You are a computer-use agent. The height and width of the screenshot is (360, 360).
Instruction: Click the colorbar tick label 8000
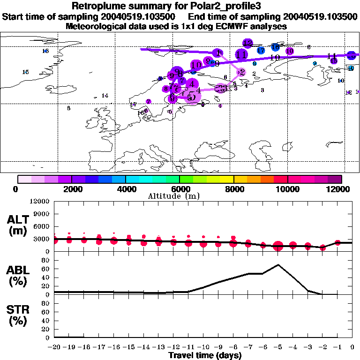coord(233,189)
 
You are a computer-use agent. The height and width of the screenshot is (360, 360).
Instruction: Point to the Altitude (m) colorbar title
coord(179,196)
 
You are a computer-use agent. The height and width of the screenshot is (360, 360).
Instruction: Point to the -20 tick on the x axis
coord(54,347)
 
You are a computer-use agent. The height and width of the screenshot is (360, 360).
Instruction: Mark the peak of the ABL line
coord(278,265)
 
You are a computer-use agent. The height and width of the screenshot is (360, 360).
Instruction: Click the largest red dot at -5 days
coord(278,246)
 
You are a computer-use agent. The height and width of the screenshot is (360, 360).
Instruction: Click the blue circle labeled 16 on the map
coord(275,47)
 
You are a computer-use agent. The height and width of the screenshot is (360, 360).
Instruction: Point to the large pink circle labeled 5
coord(191,97)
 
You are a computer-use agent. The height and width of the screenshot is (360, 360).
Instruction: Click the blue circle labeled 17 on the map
coord(261,50)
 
